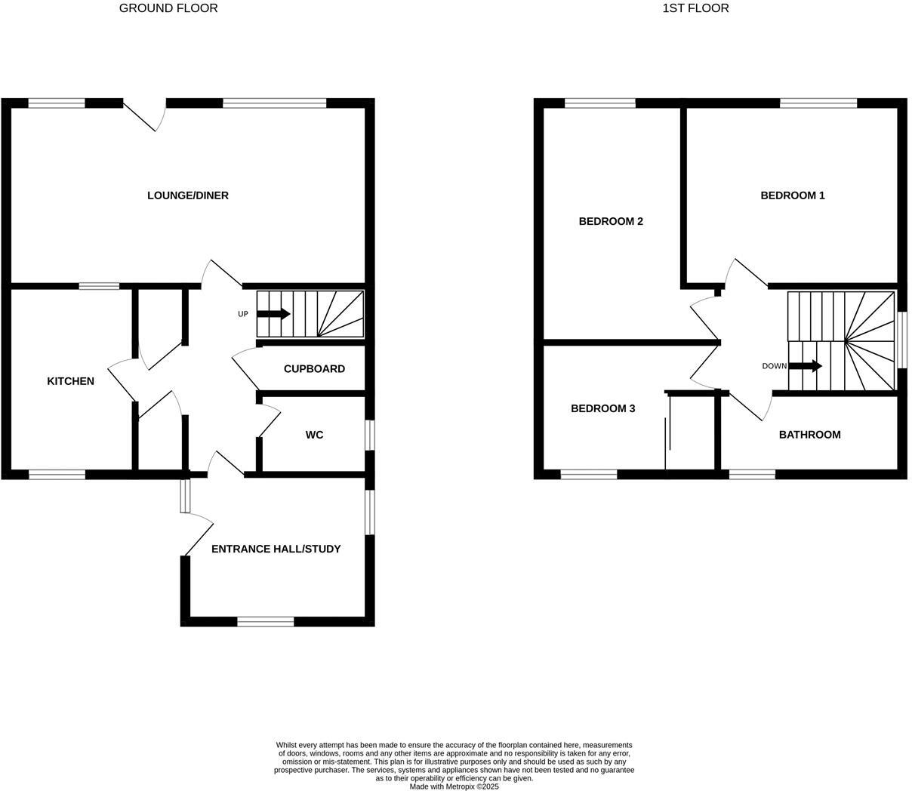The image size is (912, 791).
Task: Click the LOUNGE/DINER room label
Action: coord(187,195)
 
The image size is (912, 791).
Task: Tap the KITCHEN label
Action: coord(70,381)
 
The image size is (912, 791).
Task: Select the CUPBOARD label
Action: coord(314,369)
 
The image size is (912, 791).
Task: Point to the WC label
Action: coord(314,435)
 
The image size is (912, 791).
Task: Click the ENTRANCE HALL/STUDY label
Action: coord(276,549)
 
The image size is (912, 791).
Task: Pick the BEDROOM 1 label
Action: coord(792,195)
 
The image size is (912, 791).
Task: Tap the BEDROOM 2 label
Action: coord(610,221)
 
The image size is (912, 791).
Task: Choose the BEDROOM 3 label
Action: coord(602,408)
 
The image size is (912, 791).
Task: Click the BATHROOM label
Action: coord(809,435)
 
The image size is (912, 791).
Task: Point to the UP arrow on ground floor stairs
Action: coord(273,314)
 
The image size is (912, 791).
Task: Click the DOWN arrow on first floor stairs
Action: coord(806,366)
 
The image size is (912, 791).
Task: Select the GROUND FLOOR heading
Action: coord(168,8)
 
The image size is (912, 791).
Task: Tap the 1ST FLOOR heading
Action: coord(695,8)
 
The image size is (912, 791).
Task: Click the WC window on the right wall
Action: coord(370,436)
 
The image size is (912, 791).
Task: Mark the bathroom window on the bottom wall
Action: coord(752,475)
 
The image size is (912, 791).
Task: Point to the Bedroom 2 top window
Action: coord(600,103)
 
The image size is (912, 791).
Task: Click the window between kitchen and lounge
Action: coord(99,286)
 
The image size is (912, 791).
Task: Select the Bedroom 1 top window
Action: coord(818,103)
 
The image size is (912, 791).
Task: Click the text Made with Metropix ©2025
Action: coord(454,786)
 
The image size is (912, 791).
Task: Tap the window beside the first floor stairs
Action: coord(902,340)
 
